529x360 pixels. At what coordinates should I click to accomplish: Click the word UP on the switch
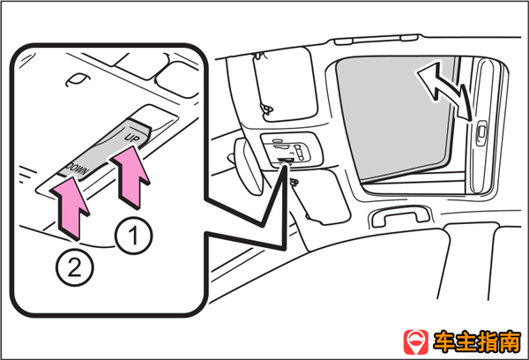(x=132, y=138)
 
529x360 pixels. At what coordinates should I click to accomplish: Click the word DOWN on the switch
(x=78, y=169)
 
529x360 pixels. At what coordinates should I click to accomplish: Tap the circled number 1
(x=134, y=236)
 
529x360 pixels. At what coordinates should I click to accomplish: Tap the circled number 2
(x=75, y=268)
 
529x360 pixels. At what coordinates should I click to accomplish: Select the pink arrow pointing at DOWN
(x=71, y=207)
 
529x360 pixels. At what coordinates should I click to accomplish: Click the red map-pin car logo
(x=415, y=341)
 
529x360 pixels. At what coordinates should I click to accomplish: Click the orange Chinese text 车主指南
(x=477, y=342)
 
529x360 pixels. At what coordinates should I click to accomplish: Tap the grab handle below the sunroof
(x=401, y=215)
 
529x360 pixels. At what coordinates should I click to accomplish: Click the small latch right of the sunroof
(x=481, y=133)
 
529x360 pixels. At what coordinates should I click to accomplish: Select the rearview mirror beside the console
(x=248, y=166)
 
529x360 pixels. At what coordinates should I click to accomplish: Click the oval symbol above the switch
(x=78, y=79)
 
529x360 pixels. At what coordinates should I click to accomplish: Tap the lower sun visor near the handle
(x=321, y=197)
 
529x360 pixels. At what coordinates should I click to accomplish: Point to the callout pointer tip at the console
(x=286, y=165)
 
